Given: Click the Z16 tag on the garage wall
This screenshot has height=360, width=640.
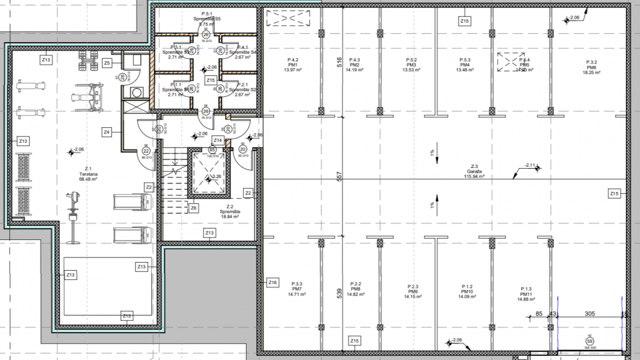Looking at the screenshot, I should point(272,283).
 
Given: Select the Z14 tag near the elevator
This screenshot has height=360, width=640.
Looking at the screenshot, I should point(217,140).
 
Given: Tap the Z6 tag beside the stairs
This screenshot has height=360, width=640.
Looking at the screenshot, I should point(193,208).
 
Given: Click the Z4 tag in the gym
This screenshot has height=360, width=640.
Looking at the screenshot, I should point(107,132).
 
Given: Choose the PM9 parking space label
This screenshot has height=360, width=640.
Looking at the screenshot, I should point(413,291).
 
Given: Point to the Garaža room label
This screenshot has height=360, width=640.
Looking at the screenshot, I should point(475,171).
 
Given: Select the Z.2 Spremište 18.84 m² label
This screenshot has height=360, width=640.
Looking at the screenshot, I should point(229,211).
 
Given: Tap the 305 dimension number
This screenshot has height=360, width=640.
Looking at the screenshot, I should point(589,313).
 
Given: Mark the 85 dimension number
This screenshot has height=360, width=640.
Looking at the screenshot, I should point(539,313).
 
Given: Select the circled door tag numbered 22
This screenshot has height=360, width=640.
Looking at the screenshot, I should point(145,151).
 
